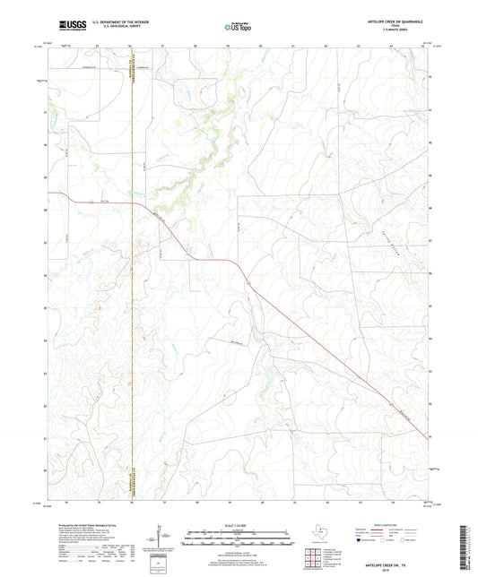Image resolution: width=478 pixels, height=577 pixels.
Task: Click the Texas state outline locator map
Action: click(319, 531)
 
